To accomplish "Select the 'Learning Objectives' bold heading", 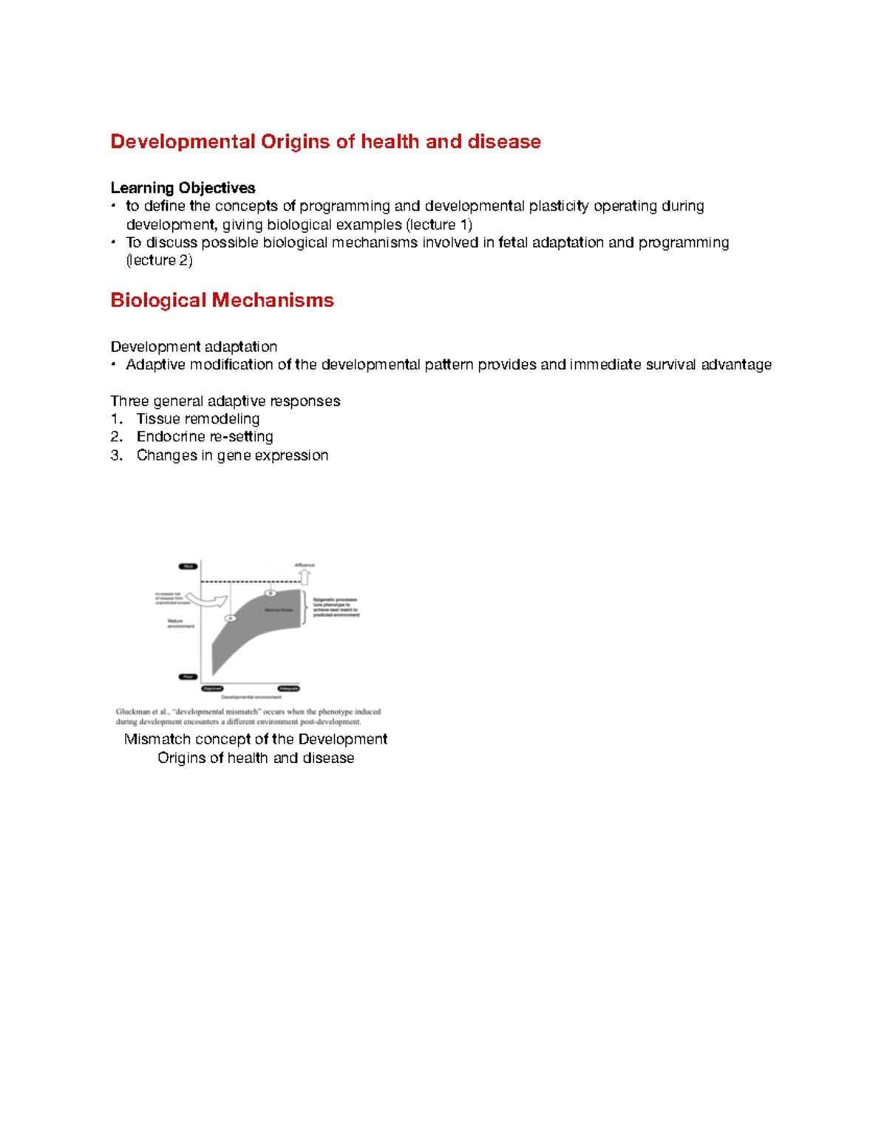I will click(x=183, y=188).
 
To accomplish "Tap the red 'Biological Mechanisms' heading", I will click(x=222, y=300).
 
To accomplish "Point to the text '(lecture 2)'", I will click(x=160, y=260).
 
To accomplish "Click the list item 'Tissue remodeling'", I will click(x=197, y=419).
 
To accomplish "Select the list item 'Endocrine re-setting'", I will click(x=205, y=437).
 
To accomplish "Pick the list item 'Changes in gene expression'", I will click(x=232, y=455).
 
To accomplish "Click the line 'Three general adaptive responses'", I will click(x=225, y=401).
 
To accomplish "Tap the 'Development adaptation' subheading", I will click(x=194, y=347).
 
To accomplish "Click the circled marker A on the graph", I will click(x=231, y=618).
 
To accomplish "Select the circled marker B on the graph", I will click(x=271, y=593).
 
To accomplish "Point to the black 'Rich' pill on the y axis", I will click(x=188, y=567).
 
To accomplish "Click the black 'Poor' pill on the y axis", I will click(x=188, y=676).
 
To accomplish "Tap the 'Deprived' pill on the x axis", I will click(x=213, y=688).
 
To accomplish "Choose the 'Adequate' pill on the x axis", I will click(x=288, y=688).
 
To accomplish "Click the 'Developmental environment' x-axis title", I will click(x=251, y=697).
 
